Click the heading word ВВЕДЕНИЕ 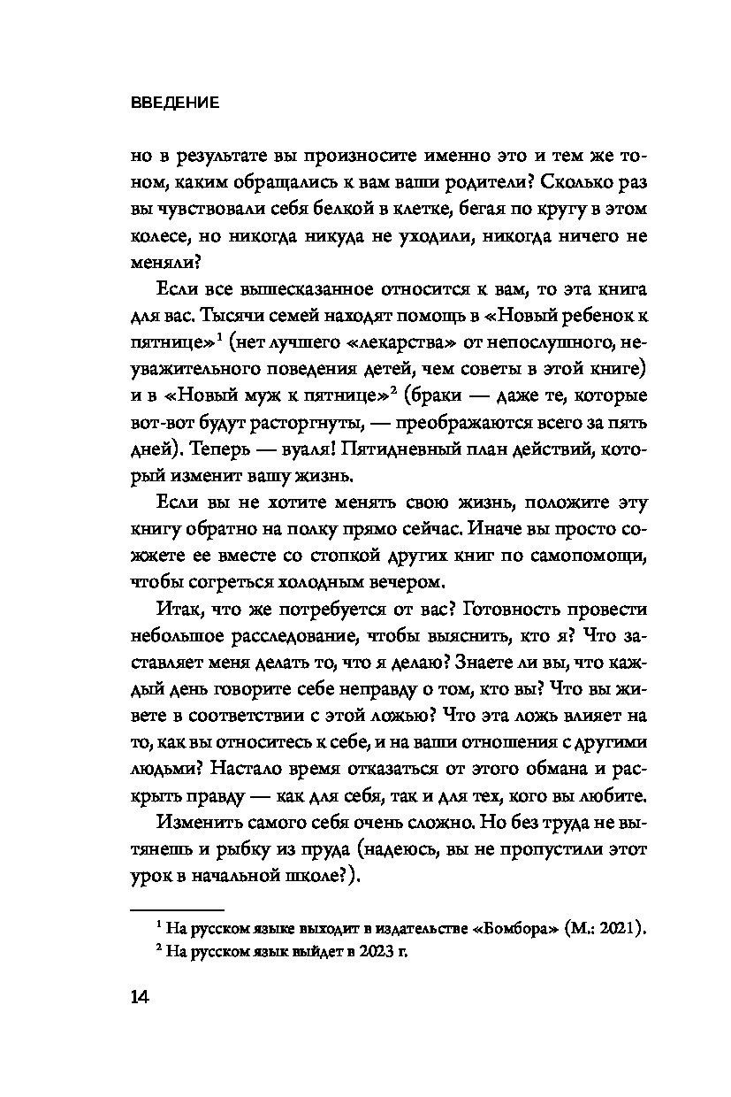click(174, 103)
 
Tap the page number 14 click(141, 997)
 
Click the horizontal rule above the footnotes click(177, 909)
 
